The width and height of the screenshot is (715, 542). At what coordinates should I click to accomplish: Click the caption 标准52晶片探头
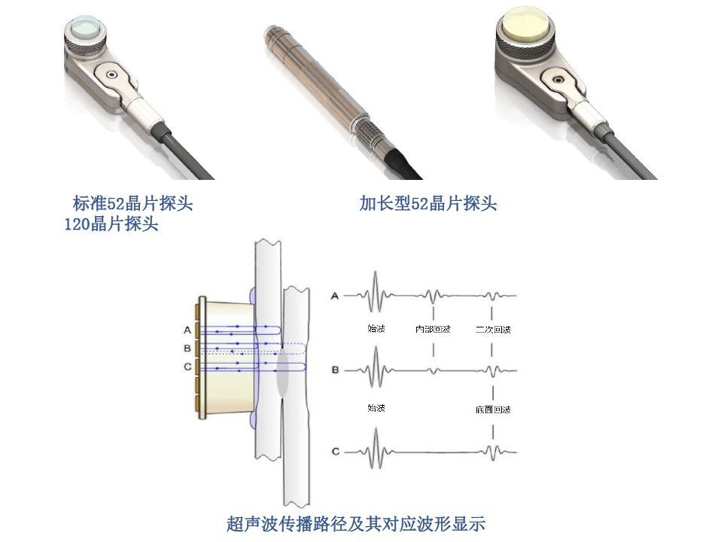132,203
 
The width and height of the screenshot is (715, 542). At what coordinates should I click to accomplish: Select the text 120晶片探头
111,224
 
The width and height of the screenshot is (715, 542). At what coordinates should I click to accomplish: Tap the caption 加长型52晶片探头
427,203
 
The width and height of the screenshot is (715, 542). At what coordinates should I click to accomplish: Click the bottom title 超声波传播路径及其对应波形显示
356,523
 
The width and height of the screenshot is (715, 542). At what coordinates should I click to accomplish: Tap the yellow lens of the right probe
527,23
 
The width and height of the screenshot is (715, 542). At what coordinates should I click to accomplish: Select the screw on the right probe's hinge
556,79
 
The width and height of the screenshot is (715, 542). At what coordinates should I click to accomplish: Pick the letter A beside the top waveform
335,296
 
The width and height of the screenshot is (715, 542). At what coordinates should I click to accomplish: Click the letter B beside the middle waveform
335,370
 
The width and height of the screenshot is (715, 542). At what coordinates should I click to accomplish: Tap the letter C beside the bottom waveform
336,452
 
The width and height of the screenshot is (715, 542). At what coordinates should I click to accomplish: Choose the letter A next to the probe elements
187,330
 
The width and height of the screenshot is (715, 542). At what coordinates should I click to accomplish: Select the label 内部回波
433,329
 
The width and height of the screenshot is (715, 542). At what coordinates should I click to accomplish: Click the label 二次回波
493,329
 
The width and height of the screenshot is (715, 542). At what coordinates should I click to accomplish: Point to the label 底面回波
493,410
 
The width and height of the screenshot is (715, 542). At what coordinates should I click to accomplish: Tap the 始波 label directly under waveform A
376,328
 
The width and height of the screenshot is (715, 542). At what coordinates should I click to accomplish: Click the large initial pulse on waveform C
376,449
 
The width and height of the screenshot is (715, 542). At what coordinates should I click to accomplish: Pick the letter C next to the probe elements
187,367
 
